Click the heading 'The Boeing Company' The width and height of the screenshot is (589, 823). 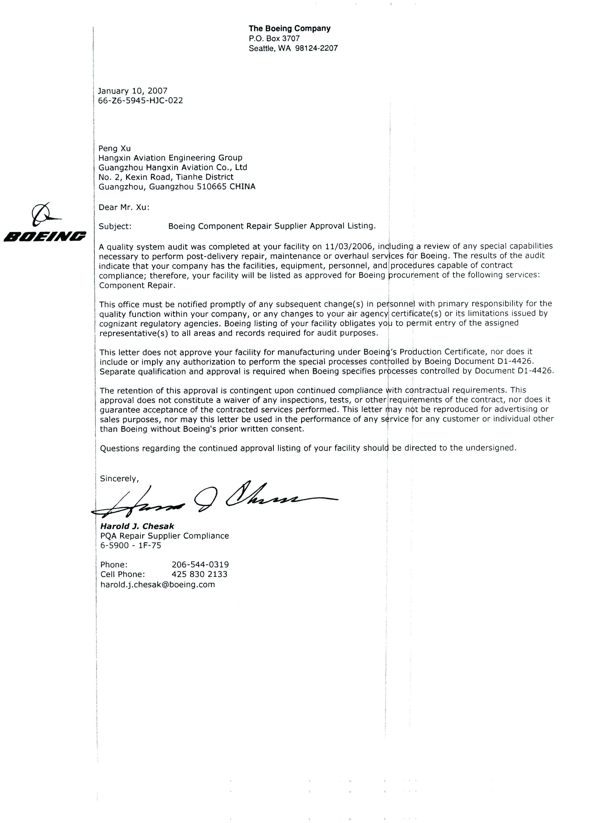289,29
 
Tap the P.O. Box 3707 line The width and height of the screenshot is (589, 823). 274,39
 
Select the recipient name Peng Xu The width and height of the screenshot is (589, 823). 115,148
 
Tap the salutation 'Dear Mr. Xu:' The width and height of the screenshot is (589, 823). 124,207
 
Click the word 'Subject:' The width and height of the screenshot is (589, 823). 115,227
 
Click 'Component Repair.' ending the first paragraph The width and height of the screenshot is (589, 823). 137,285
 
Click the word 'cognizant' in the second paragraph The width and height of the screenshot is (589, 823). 117,323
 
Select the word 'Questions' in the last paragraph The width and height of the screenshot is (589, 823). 119,448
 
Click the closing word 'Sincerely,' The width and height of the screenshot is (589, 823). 119,479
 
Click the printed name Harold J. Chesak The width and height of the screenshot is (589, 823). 137,526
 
